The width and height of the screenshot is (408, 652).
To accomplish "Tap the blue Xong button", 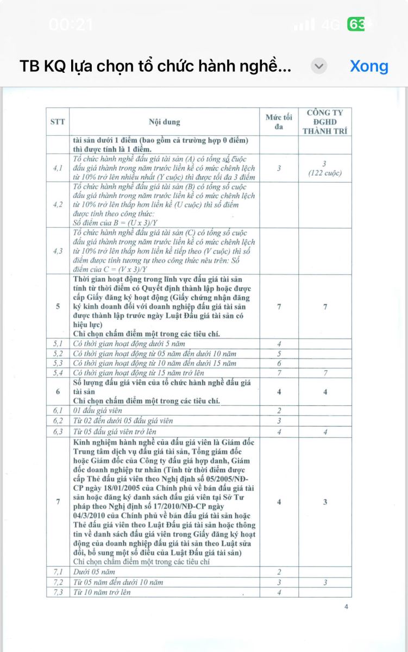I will click(369, 66).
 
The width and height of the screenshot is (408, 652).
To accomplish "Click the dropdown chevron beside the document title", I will click(319, 66).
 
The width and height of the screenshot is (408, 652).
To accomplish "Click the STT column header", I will click(58, 122).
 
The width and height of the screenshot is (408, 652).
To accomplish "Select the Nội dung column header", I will click(165, 122).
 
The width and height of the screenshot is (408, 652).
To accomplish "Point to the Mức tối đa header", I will click(279, 122).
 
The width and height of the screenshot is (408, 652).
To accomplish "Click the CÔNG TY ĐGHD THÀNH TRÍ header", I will click(325, 122).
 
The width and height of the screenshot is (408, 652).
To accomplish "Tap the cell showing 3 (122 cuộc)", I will click(325, 168).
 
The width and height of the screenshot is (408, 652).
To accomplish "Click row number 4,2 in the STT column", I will click(58, 204).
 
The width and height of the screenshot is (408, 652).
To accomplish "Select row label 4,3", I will click(58, 251).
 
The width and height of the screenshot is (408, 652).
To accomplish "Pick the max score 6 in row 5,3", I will click(279, 363).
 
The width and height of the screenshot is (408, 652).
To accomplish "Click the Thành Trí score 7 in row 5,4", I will click(325, 373).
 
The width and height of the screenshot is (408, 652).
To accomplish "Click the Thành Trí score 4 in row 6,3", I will click(325, 431).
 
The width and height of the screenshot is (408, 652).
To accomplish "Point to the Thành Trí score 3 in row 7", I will click(325, 502).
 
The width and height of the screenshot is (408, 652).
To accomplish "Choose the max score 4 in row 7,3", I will click(279, 592).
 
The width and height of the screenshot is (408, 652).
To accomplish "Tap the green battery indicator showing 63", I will click(356, 24).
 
